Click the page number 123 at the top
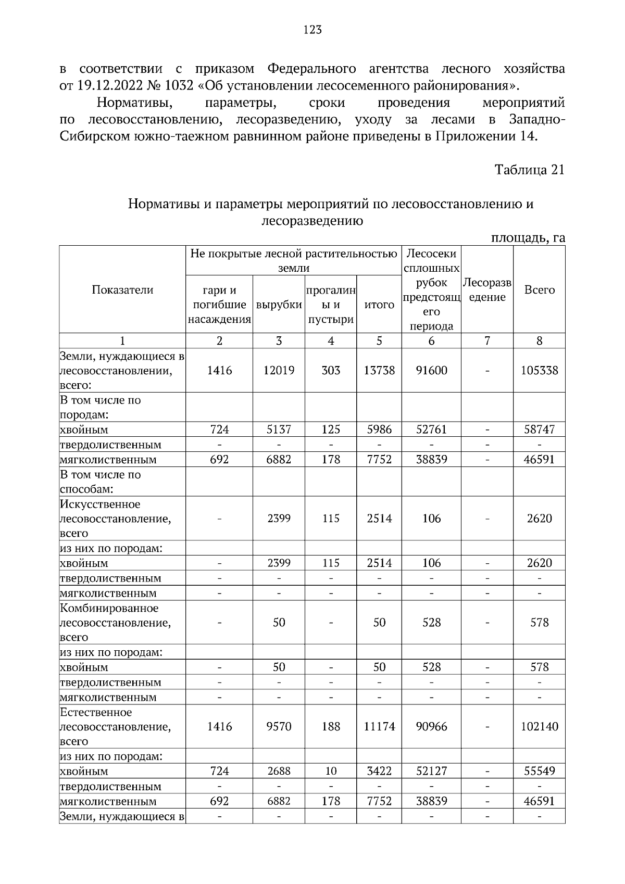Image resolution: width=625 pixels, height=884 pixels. click(x=312, y=30)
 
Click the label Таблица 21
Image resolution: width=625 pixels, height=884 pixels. click(x=529, y=170)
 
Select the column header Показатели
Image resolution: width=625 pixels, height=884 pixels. click(x=122, y=290)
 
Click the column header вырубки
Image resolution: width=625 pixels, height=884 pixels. click(x=279, y=305)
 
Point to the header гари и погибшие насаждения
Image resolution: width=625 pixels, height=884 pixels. click(x=219, y=305)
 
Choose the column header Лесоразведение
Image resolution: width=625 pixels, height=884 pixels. click(x=487, y=290)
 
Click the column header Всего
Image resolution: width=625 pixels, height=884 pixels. click(x=539, y=290)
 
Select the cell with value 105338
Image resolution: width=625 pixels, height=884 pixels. click(x=539, y=370)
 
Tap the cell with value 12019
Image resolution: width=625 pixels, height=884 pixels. click(x=279, y=370)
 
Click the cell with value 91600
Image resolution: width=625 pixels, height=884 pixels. click(x=431, y=370)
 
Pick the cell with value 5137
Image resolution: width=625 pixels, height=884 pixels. click(x=279, y=430)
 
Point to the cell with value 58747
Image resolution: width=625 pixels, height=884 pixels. click(x=539, y=430)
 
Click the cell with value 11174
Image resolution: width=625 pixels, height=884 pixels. click(x=379, y=726)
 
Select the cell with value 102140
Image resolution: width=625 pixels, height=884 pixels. click(x=539, y=726)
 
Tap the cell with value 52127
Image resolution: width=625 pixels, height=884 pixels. click(x=431, y=771)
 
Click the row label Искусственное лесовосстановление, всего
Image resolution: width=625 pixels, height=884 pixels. click(x=116, y=519)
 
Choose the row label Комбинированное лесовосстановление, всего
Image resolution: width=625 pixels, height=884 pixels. click(x=116, y=623)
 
